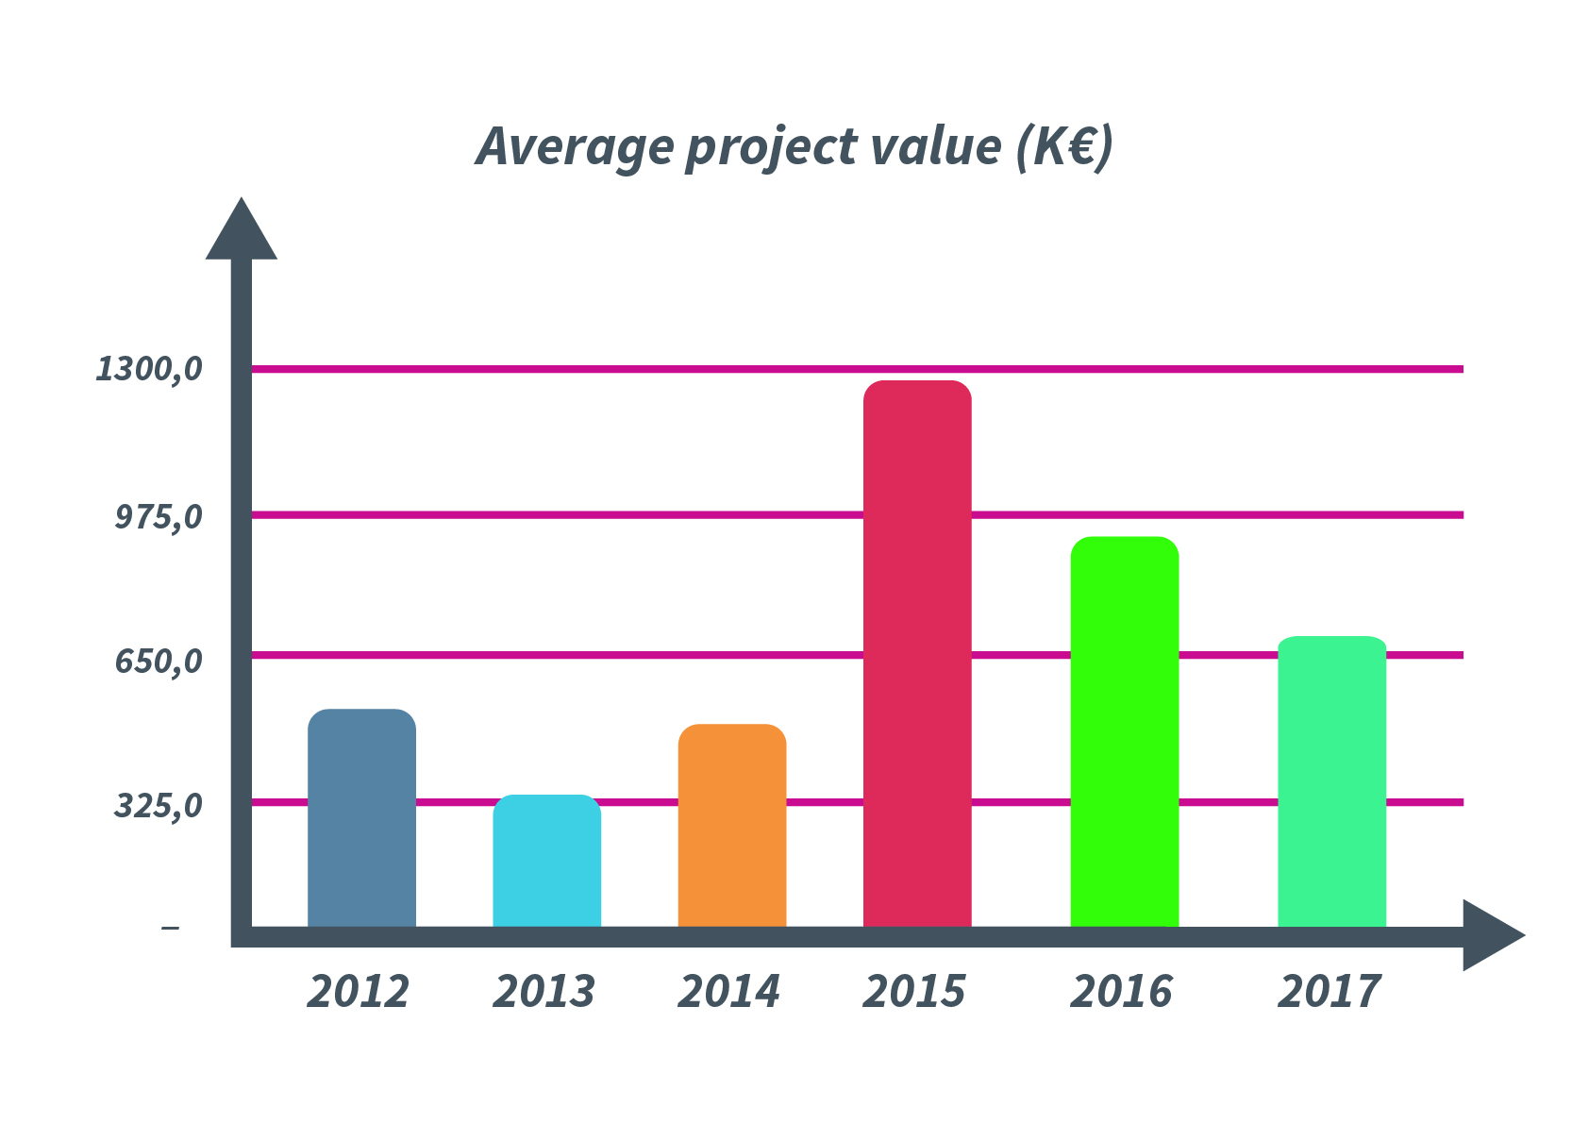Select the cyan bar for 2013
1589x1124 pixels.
pyautogui.click(x=546, y=861)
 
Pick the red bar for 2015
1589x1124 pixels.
pyautogui.click(x=917, y=653)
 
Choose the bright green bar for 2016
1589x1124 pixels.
pyautogui.click(x=1124, y=731)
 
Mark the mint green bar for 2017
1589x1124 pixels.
pyautogui.click(x=1331, y=781)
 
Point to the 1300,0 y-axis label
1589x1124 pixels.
pyautogui.click(x=149, y=369)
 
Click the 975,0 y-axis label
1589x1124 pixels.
pyautogui.click(x=159, y=517)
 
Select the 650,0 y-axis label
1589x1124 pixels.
pyautogui.click(x=159, y=661)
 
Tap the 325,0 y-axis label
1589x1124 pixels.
pyautogui.click(x=159, y=806)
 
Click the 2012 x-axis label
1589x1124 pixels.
pyautogui.click(x=359, y=992)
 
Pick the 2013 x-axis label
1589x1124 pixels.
pyautogui.click(x=544, y=992)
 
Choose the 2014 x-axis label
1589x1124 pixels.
pyautogui.click(x=729, y=992)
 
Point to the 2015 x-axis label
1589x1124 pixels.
pyautogui.click(x=914, y=992)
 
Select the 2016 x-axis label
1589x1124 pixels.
pyautogui.click(x=1122, y=992)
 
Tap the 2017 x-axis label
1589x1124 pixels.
pyautogui.click(x=1330, y=992)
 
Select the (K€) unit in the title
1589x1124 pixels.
pyautogui.click(x=1064, y=146)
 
